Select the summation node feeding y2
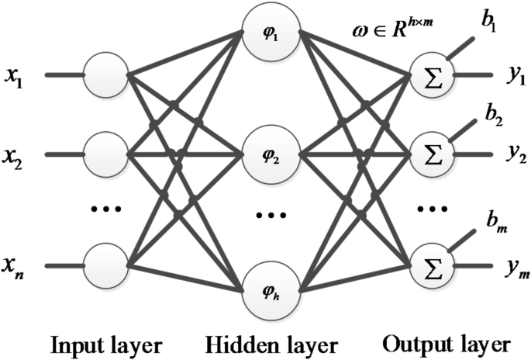coord(430,153)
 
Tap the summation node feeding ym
coord(430,266)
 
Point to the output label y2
coord(516,155)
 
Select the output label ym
coord(516,268)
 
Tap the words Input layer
coord(106,343)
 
